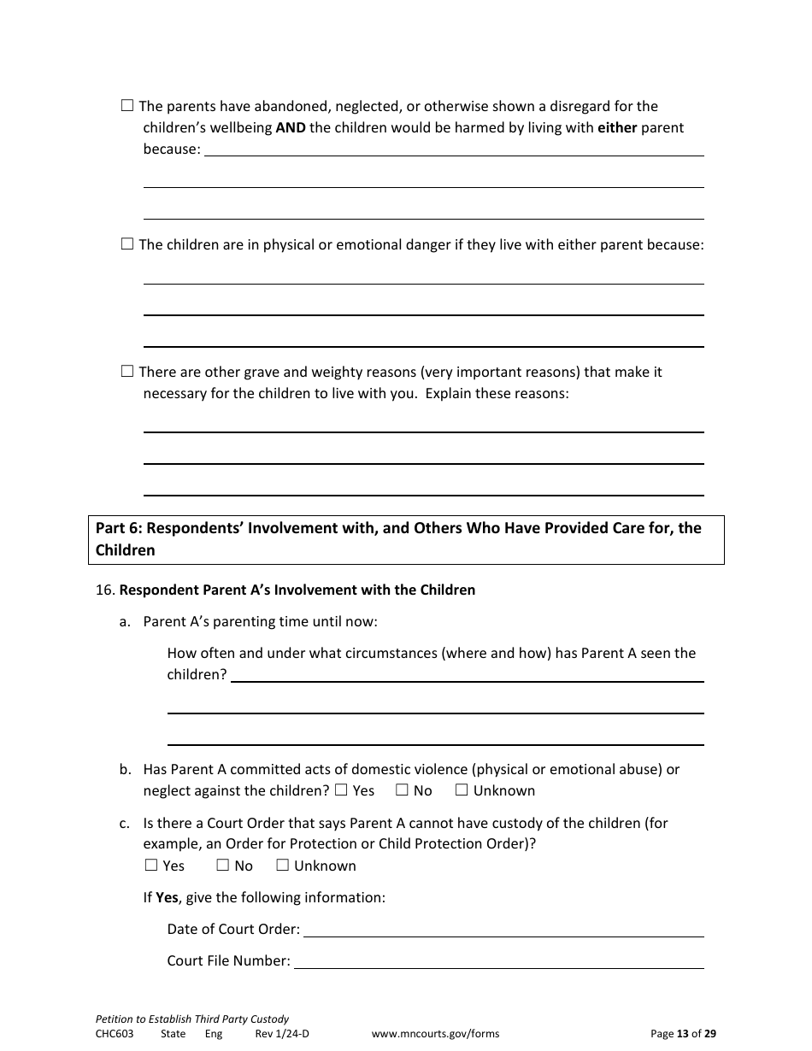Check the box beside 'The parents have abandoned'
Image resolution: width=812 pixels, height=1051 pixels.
coord(127,106)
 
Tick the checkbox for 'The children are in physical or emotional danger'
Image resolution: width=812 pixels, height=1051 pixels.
coord(127,244)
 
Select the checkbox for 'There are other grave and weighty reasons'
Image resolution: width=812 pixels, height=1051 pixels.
coord(127,372)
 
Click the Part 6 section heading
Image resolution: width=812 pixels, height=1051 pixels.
coord(406,539)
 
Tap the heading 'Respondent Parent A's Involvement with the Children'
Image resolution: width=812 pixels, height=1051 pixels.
coord(297,590)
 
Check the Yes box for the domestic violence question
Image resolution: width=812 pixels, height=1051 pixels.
coord(341,790)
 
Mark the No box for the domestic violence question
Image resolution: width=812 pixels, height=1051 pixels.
coord(402,790)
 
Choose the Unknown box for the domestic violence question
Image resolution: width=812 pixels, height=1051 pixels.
coord(462,790)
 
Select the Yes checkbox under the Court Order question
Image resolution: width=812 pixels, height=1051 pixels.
coord(151,866)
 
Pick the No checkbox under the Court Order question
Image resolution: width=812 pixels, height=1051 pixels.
coord(222,866)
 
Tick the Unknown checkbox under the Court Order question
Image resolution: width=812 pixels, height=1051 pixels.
coord(282,866)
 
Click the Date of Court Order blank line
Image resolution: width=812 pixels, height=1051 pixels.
coord(503,930)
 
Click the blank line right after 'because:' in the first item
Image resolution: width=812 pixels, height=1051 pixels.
coord(454,150)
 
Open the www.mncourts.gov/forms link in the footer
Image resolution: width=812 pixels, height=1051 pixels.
coord(435,1034)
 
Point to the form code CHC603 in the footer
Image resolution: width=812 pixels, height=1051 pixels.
coord(115,1034)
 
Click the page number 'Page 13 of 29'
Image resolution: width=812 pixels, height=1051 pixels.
coord(683,1034)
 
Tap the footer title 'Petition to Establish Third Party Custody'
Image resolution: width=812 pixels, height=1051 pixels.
coord(192,1019)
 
